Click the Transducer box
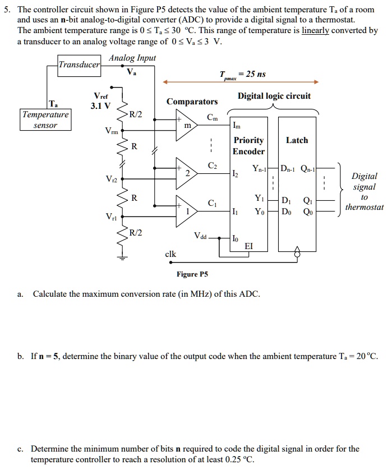click(80, 65)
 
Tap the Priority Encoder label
click(248, 146)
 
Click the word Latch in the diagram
click(297, 140)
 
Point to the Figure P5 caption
click(192, 274)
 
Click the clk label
click(170, 254)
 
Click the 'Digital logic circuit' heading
click(274, 96)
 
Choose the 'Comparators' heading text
click(192, 102)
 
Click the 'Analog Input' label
click(132, 58)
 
